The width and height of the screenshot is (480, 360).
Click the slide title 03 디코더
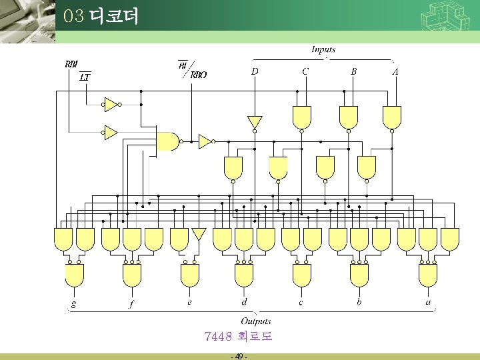click(101, 16)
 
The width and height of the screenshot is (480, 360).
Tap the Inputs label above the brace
click(323, 49)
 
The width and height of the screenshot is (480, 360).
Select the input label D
click(255, 71)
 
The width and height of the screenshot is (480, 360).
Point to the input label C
click(305, 71)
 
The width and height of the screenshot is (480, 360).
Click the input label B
click(354, 71)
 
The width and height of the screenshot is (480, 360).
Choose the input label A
click(395, 71)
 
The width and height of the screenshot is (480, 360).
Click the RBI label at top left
click(71, 64)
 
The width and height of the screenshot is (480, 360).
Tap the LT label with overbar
click(85, 77)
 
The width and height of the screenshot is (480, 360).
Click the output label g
click(73, 304)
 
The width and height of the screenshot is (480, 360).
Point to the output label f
click(131, 304)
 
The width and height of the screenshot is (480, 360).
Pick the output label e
click(189, 302)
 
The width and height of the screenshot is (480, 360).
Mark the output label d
click(244, 302)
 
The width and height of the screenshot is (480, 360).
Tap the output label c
click(301, 302)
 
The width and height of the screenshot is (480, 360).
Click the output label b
click(359, 302)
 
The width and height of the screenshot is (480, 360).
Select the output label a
click(428, 302)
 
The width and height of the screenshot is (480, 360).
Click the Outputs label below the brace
click(256, 321)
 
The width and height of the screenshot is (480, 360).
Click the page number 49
click(239, 356)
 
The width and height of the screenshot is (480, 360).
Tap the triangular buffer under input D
click(255, 122)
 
